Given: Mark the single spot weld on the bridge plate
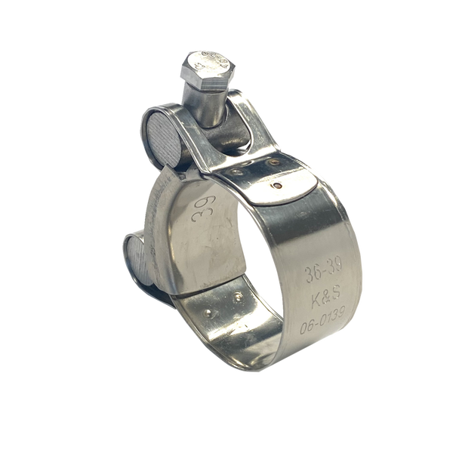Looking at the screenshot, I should coord(281,183).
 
